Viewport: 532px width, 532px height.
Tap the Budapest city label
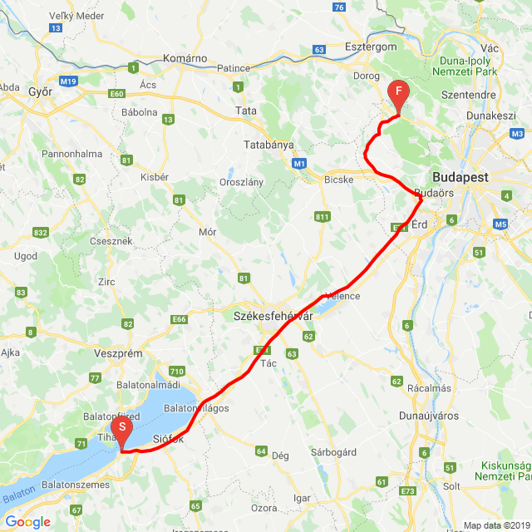pos(461,177)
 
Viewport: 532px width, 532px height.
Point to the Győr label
pos(40,92)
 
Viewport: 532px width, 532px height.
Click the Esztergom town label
pos(371,47)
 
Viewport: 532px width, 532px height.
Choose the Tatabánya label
pos(269,144)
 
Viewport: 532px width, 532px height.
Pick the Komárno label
pos(185,58)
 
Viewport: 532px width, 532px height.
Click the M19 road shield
pos(68,81)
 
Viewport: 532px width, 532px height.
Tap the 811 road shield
pos(323,218)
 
